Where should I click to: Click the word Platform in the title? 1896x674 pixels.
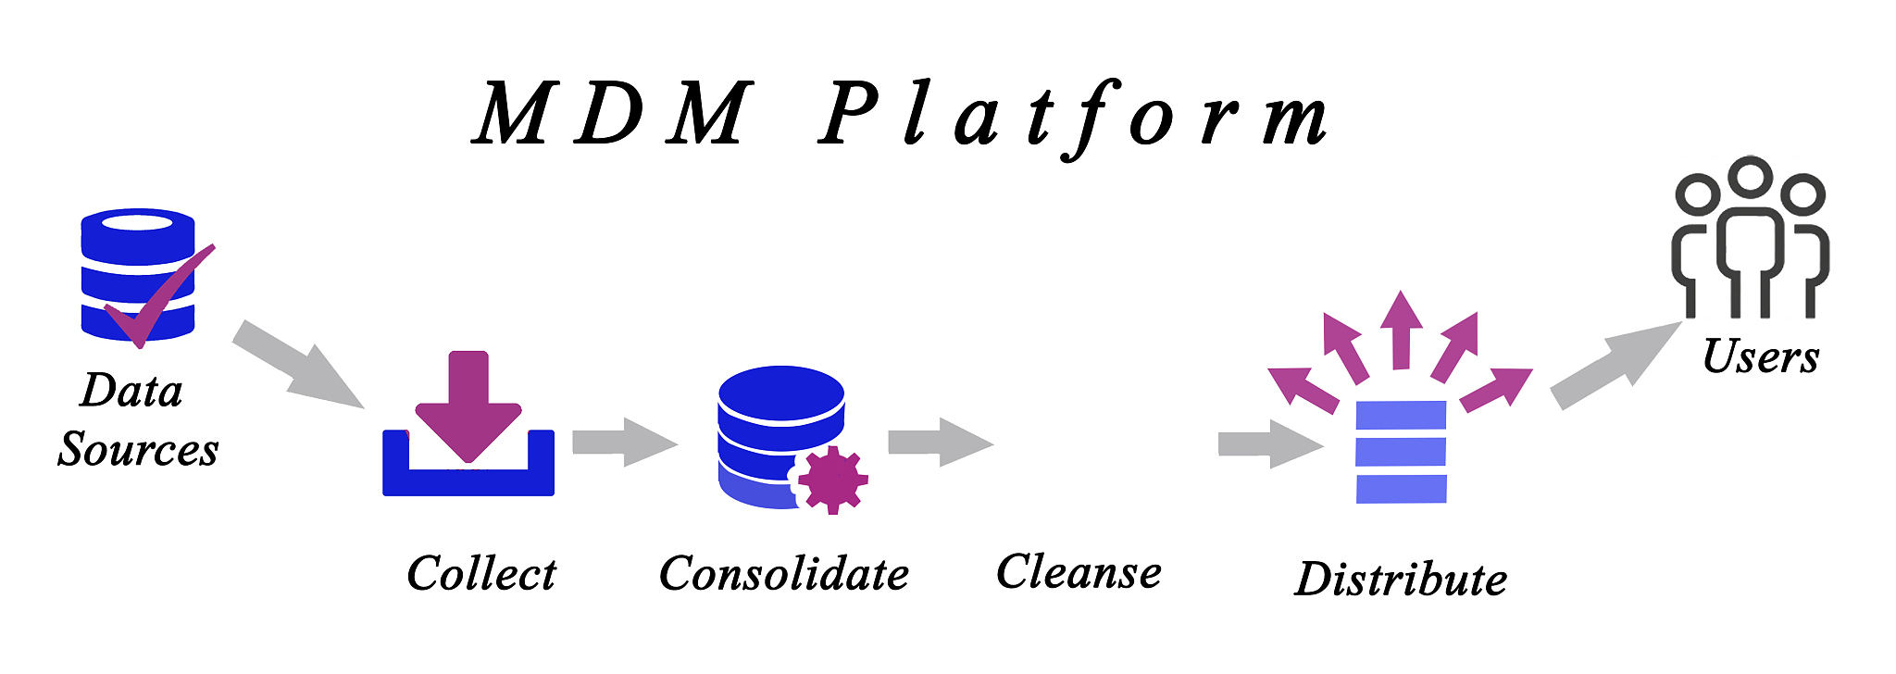click(x=1074, y=116)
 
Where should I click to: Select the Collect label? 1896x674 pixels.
click(x=481, y=573)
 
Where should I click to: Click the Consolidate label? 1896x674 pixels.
click(x=783, y=573)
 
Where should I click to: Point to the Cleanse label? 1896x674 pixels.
click(x=1079, y=571)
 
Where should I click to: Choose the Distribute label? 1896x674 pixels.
click(x=1401, y=580)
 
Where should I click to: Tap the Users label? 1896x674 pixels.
click(x=1761, y=356)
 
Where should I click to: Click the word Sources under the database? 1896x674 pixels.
click(x=138, y=449)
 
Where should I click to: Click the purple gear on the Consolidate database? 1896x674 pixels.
click(x=831, y=479)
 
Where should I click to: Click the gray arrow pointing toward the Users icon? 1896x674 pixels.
click(x=1615, y=365)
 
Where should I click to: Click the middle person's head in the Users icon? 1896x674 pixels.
click(x=1751, y=175)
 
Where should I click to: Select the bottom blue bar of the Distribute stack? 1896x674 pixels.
click(x=1401, y=489)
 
